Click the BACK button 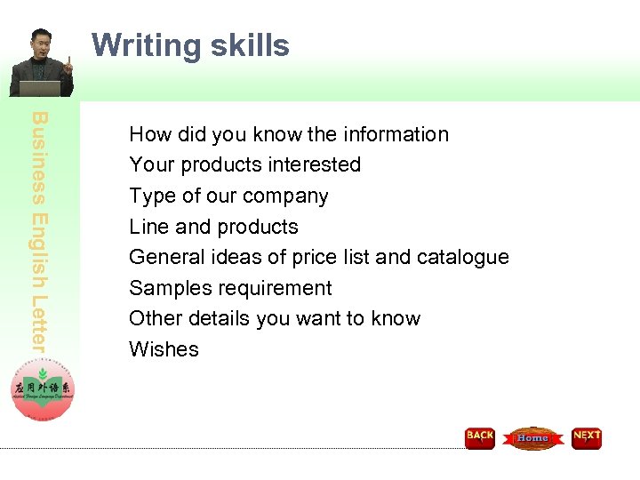coord(480,437)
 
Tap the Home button coord(532,438)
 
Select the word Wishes coord(164,349)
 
